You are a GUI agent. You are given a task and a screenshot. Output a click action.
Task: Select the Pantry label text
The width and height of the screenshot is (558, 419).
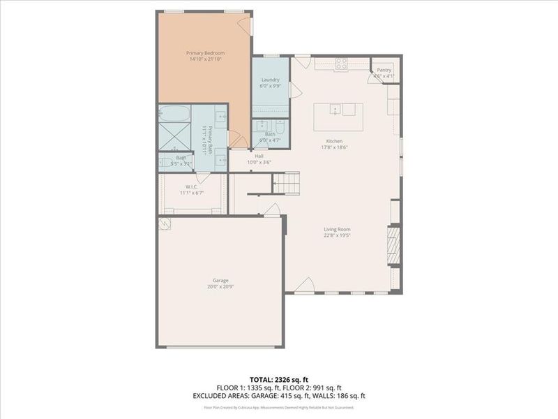click(384, 70)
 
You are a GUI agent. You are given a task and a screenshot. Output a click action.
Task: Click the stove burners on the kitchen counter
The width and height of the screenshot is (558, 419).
click(342, 63)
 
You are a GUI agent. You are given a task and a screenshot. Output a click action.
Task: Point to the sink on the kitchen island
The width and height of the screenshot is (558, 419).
click(335, 110)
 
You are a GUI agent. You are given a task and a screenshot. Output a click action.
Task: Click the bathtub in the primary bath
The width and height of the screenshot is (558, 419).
click(174, 113)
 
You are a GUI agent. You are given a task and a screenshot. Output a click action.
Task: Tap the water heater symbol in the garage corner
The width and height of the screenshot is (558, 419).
click(165, 223)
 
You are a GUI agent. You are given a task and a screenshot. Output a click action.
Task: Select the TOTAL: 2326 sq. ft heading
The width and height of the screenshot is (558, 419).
click(278, 379)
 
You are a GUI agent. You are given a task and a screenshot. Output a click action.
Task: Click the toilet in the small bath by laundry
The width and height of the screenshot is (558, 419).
click(279, 128)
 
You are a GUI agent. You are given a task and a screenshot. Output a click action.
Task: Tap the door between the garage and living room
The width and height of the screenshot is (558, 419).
click(274, 209)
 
